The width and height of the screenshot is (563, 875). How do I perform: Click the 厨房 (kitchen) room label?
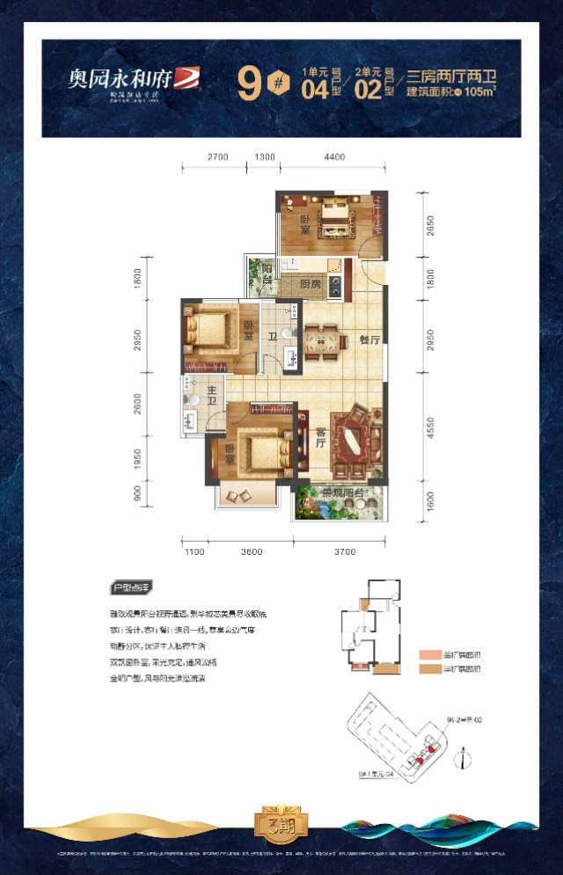(309, 285)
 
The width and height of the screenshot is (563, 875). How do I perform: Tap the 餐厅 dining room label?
(369, 340)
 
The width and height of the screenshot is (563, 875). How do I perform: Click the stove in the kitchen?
(334, 285)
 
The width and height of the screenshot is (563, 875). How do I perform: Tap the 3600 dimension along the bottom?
(252, 552)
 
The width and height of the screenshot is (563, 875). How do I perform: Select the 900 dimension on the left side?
(138, 495)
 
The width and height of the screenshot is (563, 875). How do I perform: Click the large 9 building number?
(249, 86)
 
